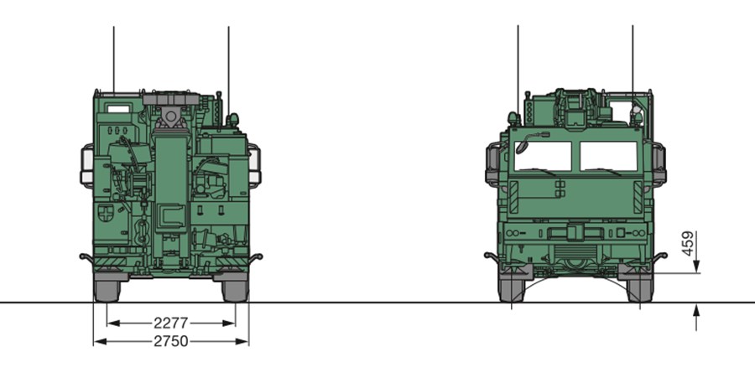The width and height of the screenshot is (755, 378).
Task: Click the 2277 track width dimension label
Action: click(x=171, y=323)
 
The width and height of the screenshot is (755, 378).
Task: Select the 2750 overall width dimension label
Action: click(x=171, y=341)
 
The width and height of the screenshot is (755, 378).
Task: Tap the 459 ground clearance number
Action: click(x=689, y=244)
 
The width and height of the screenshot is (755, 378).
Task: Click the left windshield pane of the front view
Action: click(x=543, y=156)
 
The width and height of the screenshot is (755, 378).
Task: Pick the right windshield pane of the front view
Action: click(x=609, y=156)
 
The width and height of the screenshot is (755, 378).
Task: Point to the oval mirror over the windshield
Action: click(x=522, y=146)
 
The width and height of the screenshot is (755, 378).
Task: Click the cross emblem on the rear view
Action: click(x=106, y=213)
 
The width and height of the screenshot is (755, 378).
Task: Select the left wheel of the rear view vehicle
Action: click(x=107, y=291)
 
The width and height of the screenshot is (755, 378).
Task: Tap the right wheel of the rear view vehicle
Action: click(x=235, y=291)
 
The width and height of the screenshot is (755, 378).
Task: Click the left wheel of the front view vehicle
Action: click(x=512, y=290)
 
